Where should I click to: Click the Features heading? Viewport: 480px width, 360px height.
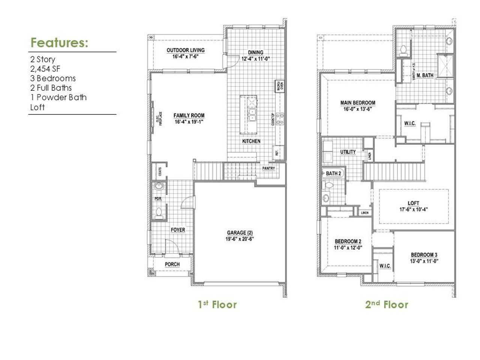pyautogui.click(x=59, y=43)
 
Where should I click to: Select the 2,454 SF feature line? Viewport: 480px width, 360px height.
pyautogui.click(x=45, y=69)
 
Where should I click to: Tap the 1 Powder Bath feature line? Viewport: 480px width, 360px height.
pyautogui.click(x=58, y=97)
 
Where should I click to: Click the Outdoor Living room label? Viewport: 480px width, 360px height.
pyautogui.click(x=186, y=50)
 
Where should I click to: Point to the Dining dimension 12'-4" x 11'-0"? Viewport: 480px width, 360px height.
pyautogui.click(x=256, y=59)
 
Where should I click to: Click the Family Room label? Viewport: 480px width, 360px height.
pyautogui.click(x=189, y=115)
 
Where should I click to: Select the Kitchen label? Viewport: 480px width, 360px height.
pyautogui.click(x=251, y=141)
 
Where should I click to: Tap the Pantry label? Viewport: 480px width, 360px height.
pyautogui.click(x=268, y=168)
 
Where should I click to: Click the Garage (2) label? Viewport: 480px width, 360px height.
pyautogui.click(x=240, y=232)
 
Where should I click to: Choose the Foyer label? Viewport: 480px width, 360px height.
pyautogui.click(x=178, y=230)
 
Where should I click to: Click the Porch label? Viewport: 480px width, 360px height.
pyautogui.click(x=172, y=264)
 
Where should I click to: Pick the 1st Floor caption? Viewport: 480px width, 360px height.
pyautogui.click(x=217, y=304)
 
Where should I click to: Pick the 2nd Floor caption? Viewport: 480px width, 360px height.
pyautogui.click(x=387, y=304)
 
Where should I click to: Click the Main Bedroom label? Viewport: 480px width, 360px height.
pyautogui.click(x=357, y=103)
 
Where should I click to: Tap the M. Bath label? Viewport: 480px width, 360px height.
pyautogui.click(x=425, y=75)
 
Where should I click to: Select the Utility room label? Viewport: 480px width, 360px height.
pyautogui.click(x=348, y=152)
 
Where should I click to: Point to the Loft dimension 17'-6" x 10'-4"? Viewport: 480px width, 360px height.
pyautogui.click(x=414, y=210)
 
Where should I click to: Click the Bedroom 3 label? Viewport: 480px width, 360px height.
pyautogui.click(x=424, y=255)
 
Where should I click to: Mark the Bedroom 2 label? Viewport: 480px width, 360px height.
pyautogui.click(x=348, y=241)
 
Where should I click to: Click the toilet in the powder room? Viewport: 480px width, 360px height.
pyautogui.click(x=158, y=212)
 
